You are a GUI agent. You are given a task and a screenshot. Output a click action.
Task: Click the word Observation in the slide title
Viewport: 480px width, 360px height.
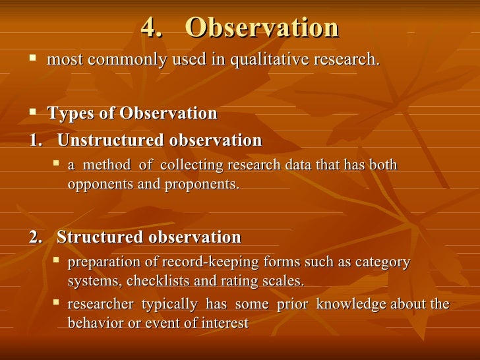tap(262, 28)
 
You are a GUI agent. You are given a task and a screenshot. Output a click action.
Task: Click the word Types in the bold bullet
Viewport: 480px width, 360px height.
tap(71, 113)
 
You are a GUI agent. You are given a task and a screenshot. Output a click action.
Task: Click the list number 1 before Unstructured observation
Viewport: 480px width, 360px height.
tap(34, 140)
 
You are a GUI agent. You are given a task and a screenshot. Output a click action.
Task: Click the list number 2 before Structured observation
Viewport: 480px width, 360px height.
tap(35, 237)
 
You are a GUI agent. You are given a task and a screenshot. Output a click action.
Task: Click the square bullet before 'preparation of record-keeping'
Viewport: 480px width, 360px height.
tap(57, 261)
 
